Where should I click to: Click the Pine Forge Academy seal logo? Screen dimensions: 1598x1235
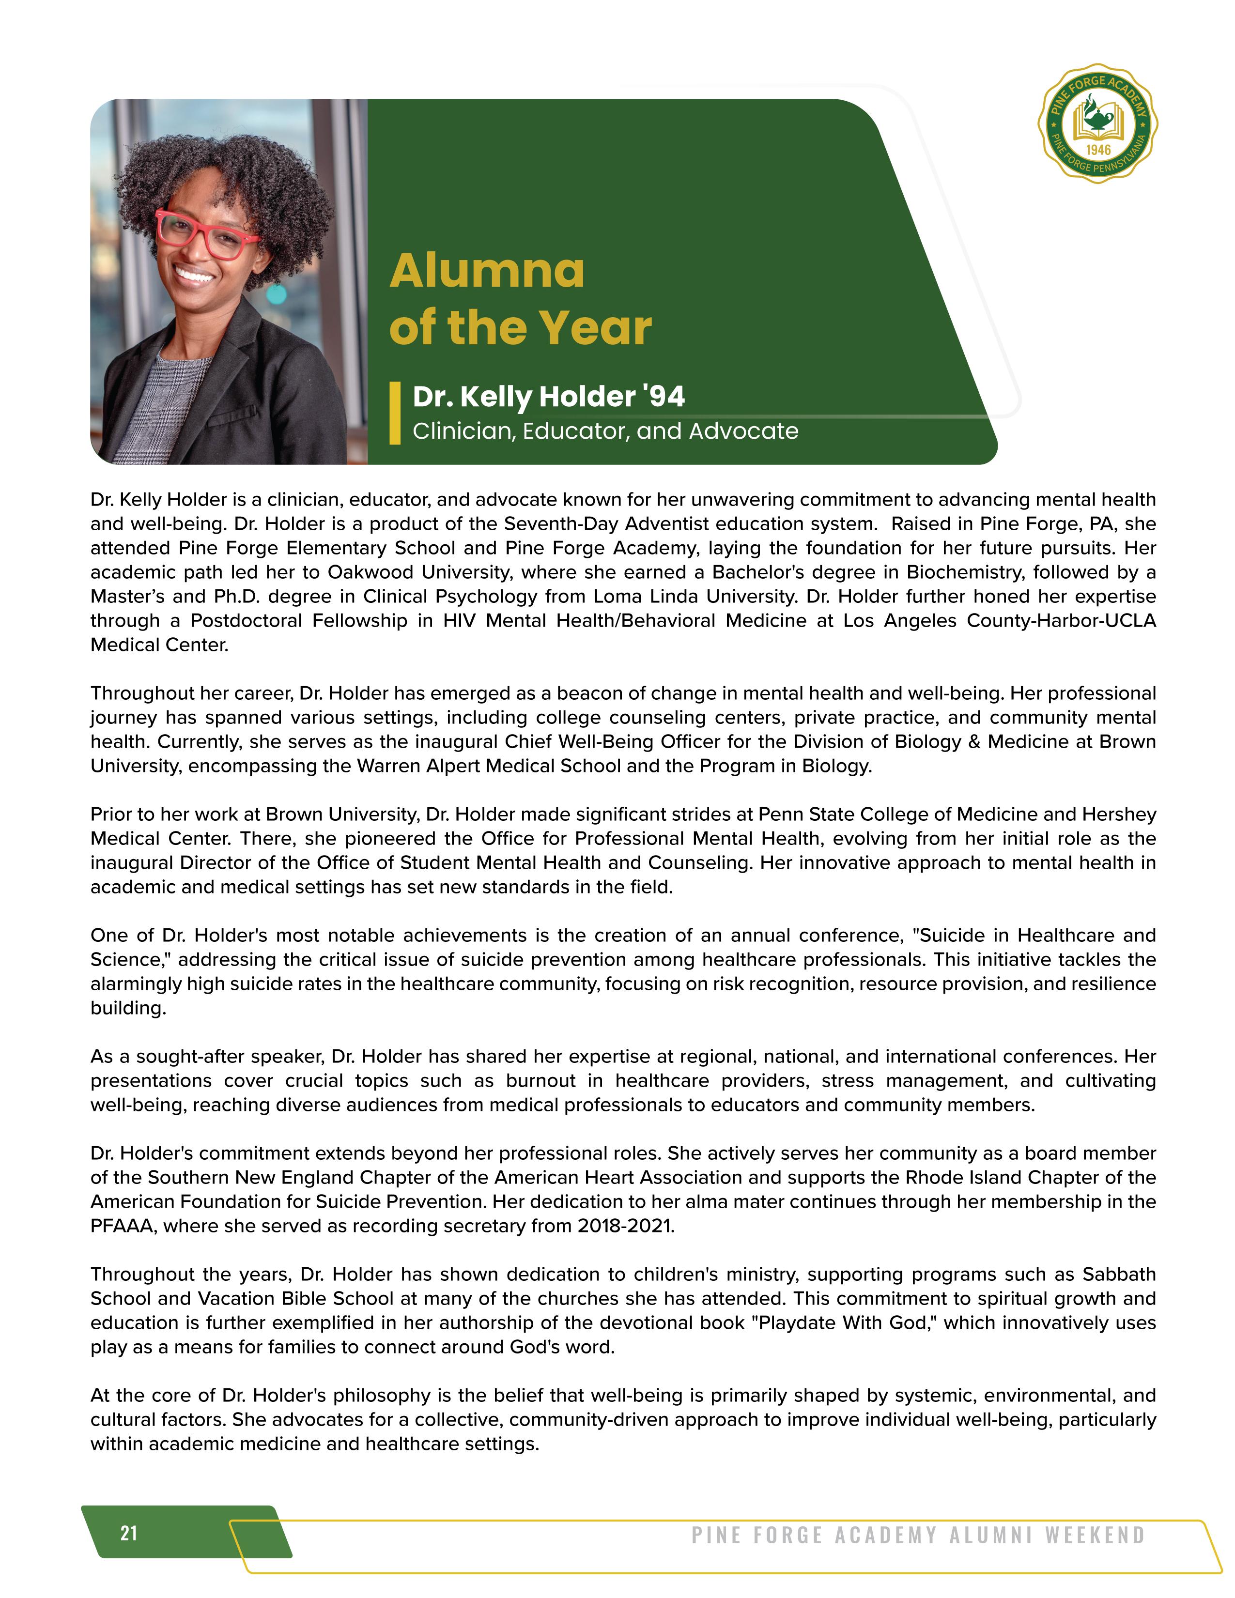[1097, 123]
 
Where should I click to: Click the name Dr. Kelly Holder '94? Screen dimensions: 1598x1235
[549, 397]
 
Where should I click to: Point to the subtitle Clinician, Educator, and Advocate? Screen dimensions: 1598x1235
[605, 431]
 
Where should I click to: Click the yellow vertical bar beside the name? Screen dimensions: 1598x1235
[395, 414]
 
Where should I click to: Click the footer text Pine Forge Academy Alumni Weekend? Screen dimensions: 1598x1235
[918, 1535]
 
